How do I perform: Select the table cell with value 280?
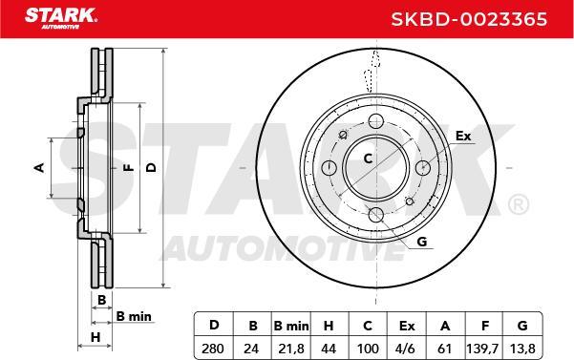point(214,349)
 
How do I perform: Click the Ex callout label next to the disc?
point(462,136)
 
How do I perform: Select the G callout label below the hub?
point(422,242)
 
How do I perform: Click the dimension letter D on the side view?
point(149,168)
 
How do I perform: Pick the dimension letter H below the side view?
point(95,337)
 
